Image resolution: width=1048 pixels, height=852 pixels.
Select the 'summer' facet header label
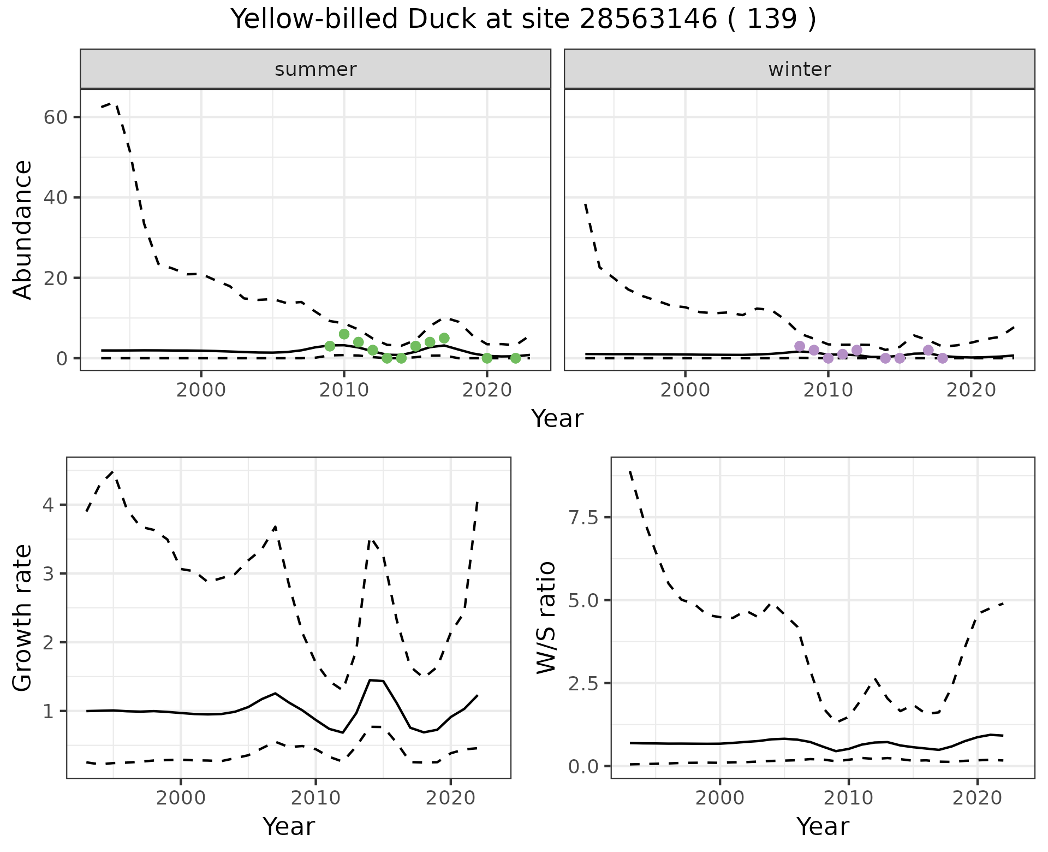point(315,69)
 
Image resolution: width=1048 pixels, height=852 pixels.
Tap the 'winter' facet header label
point(799,69)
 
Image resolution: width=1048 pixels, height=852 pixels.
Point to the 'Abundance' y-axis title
point(23,230)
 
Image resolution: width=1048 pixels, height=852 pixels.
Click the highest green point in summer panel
point(344,334)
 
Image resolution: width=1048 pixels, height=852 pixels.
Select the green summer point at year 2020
point(487,358)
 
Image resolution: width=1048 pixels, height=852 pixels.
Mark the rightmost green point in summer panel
point(515,358)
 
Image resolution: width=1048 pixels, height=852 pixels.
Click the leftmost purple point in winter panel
point(800,346)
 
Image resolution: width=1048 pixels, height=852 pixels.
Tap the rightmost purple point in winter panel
point(943,358)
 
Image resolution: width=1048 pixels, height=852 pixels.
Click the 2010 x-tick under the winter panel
point(828,390)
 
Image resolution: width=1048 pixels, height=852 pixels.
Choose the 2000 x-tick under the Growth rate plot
point(181,798)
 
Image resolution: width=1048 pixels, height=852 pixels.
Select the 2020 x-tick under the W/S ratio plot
point(977,798)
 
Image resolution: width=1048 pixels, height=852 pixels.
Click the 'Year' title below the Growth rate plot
point(289,826)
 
